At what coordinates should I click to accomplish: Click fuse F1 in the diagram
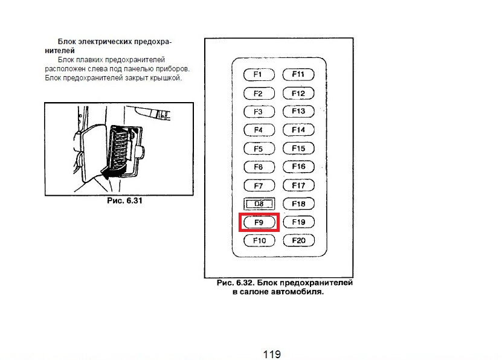pos(259,75)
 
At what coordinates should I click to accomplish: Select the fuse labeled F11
pos(298,75)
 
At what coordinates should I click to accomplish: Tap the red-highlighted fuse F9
pos(259,222)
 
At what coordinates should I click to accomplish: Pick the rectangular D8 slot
pos(259,204)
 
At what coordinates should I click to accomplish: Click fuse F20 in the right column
pos(298,241)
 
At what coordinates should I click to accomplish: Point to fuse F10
pos(259,241)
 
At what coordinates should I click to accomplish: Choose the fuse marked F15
pos(298,149)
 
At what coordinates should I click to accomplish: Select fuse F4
pos(259,130)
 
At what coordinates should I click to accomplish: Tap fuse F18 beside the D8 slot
pos(298,204)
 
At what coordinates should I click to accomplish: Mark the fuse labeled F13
pos(298,112)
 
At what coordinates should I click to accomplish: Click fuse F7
pos(259,185)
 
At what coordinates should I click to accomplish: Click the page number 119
pos(272,354)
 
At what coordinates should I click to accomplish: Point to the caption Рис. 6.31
pos(124,201)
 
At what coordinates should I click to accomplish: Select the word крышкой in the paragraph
pos(166,79)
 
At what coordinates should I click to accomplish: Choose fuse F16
pos(298,167)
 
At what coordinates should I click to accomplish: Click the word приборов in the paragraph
pos(171,69)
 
